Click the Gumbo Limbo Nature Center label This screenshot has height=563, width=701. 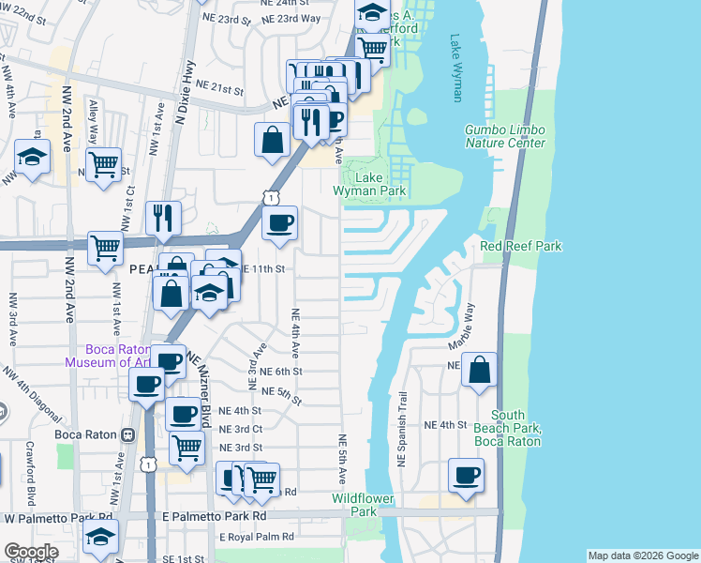click(x=505, y=136)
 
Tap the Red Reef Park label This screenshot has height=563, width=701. click(x=520, y=246)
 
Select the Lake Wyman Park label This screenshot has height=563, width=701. click(x=374, y=184)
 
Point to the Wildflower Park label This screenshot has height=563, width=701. click(x=354, y=505)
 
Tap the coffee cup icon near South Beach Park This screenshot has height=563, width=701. click(x=466, y=476)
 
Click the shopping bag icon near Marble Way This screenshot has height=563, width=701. click(x=479, y=372)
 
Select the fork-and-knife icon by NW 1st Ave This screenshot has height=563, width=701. click(x=163, y=218)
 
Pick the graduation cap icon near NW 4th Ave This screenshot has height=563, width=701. click(x=32, y=159)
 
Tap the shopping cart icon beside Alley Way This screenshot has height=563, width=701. click(x=104, y=164)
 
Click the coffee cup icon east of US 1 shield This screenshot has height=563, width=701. click(x=279, y=223)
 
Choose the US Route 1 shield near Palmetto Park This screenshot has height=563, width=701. click(x=148, y=464)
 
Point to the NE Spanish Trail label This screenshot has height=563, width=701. click(x=403, y=430)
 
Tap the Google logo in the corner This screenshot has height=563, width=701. click(x=31, y=552)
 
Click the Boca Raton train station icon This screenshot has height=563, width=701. click(x=128, y=436)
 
